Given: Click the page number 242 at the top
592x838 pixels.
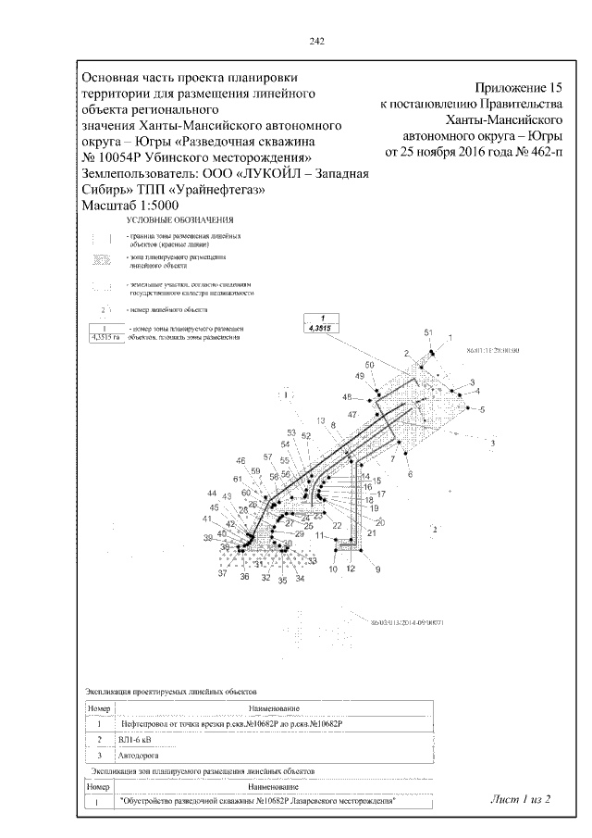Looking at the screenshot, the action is point(315,41).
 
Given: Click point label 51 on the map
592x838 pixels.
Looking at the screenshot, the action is point(428,331).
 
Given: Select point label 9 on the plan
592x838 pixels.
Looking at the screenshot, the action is point(376,569).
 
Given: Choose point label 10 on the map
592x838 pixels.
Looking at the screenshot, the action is point(332,569).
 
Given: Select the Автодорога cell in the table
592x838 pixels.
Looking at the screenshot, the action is point(135,756).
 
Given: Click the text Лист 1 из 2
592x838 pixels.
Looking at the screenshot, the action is point(522,798).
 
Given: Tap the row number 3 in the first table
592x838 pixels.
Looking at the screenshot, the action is point(98,756).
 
